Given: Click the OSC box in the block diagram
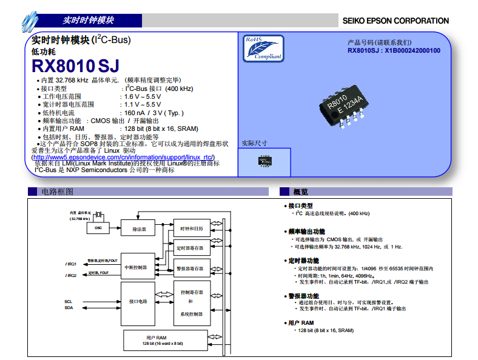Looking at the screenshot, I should point(98,228).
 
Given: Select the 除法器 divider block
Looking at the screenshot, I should point(139,229).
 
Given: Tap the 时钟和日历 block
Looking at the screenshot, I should point(192,228).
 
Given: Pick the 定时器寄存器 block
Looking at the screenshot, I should point(192,248).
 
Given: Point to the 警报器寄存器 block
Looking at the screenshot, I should point(192,268).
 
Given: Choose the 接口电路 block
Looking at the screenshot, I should point(138,301).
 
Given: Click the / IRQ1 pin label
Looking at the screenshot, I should point(71,264).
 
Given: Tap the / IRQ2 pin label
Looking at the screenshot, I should point(71,276).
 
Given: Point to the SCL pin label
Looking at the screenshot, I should point(69,301).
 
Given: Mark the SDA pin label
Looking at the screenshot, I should point(69,308).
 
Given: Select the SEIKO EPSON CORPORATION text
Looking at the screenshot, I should point(396,21).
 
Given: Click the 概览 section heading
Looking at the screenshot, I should point(301,192).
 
